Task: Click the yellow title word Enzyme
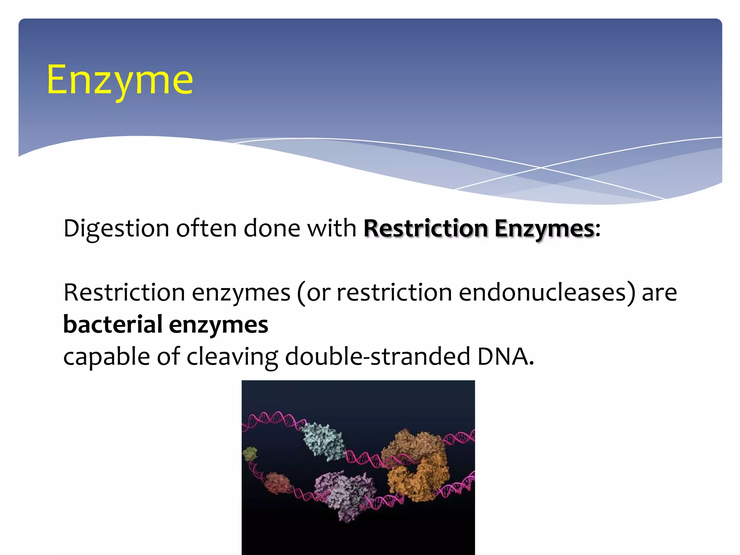pos(120,80)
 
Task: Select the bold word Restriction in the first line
pos(426,228)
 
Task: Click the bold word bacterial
pos(112,324)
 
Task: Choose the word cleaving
pos(232,356)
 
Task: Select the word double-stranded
pos(378,356)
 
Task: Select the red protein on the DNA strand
pos(277,483)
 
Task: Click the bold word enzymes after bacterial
pos(219,324)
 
